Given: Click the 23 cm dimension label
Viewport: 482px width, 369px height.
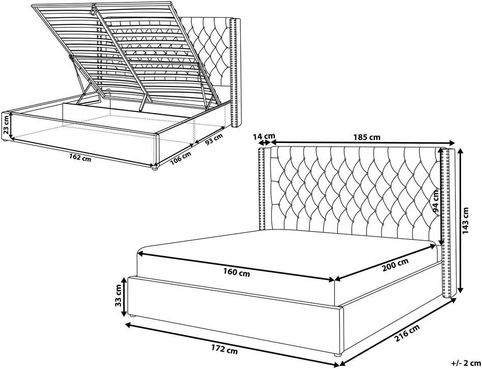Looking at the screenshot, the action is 6,125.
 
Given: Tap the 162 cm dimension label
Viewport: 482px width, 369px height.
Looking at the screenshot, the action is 81,158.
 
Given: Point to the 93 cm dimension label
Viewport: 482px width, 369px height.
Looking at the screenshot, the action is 214,140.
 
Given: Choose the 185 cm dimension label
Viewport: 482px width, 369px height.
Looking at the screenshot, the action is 367,137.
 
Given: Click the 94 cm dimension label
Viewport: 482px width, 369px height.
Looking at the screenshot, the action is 436,202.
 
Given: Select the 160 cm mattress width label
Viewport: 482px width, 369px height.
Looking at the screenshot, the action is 237,272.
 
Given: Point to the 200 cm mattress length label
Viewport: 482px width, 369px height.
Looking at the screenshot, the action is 395,265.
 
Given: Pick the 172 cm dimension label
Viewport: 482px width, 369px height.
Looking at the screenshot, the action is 224,349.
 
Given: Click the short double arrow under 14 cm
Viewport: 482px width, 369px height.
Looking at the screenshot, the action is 264,143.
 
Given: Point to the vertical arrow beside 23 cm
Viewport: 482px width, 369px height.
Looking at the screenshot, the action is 11,125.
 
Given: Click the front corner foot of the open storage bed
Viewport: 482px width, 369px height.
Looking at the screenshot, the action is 155,168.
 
